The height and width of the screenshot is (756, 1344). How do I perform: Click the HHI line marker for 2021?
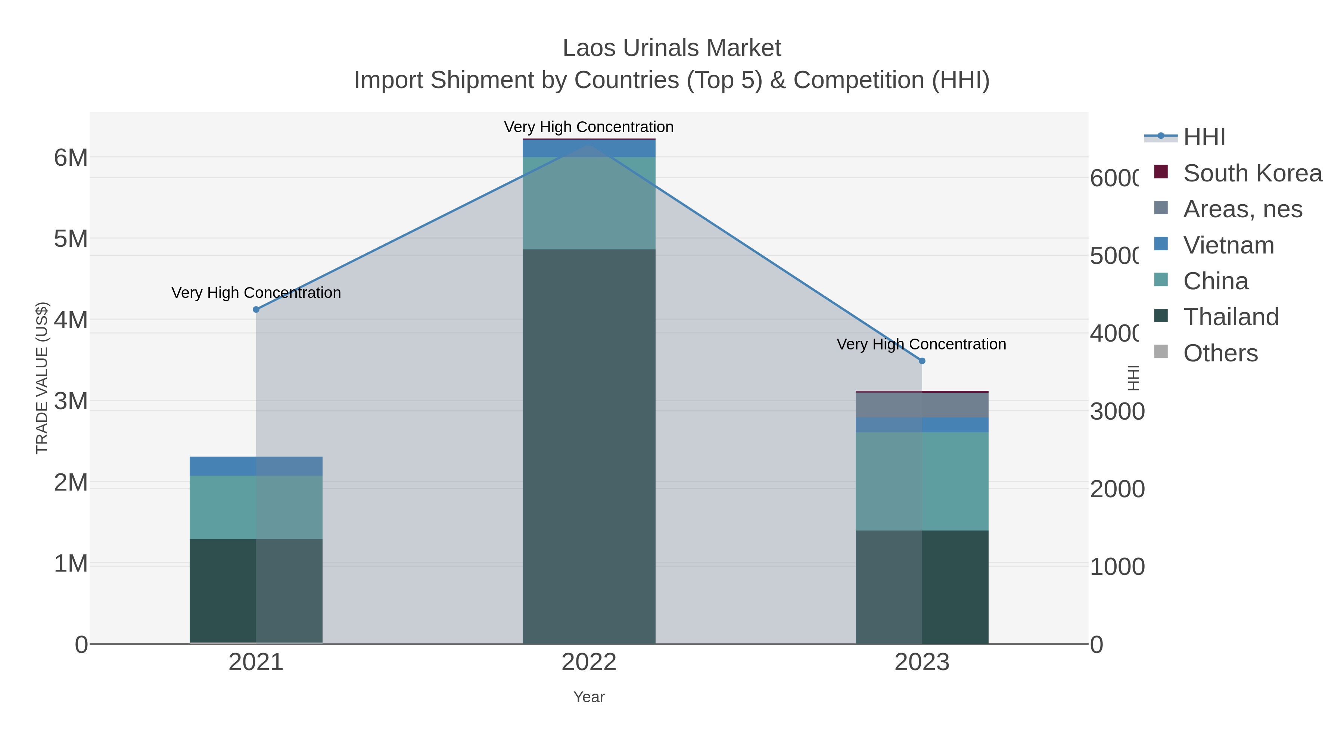256,309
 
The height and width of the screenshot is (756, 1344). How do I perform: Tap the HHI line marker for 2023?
922,361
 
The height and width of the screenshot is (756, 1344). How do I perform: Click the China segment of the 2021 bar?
256,507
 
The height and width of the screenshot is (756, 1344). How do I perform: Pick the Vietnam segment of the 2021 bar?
256,466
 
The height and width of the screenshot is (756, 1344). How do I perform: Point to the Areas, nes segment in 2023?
922,405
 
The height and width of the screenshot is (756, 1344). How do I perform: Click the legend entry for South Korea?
1252,173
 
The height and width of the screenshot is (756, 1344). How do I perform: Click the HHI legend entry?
1204,137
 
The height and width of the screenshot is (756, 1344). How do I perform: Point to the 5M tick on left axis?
71,239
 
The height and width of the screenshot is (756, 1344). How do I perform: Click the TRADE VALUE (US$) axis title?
42,378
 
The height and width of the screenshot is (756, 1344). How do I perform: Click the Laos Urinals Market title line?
672,48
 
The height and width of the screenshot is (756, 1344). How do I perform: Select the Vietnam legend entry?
1228,245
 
